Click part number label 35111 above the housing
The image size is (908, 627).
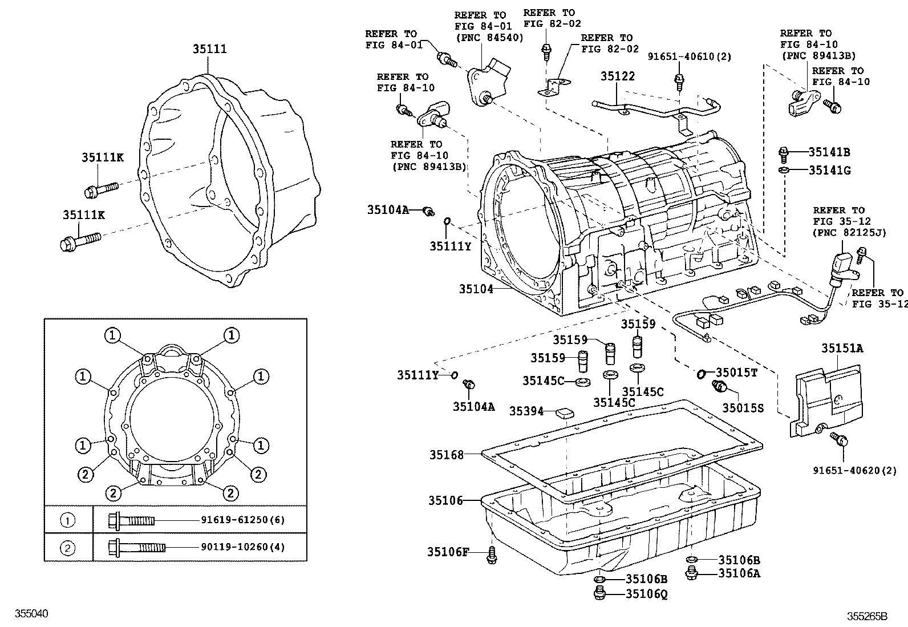click(209, 49)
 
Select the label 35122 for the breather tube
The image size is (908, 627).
click(617, 76)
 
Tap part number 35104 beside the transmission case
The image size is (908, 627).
click(476, 289)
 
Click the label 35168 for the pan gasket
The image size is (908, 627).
click(447, 455)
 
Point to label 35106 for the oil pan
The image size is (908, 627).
click(446, 500)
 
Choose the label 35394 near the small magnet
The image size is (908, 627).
click(526, 411)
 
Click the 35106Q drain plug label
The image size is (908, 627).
click(646, 594)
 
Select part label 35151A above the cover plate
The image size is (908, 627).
click(842, 348)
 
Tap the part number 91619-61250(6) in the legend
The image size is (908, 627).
click(242, 520)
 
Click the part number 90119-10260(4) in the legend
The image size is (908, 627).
click(242, 547)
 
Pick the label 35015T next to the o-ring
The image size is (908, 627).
click(736, 373)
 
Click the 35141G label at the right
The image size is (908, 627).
click(829, 170)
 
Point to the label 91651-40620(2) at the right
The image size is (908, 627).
click(854, 471)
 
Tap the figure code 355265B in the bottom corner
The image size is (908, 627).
click(867, 616)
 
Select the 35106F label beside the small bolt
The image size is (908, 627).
click(448, 552)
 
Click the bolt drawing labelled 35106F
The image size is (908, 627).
click(492, 555)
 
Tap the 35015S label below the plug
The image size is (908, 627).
click(743, 407)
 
